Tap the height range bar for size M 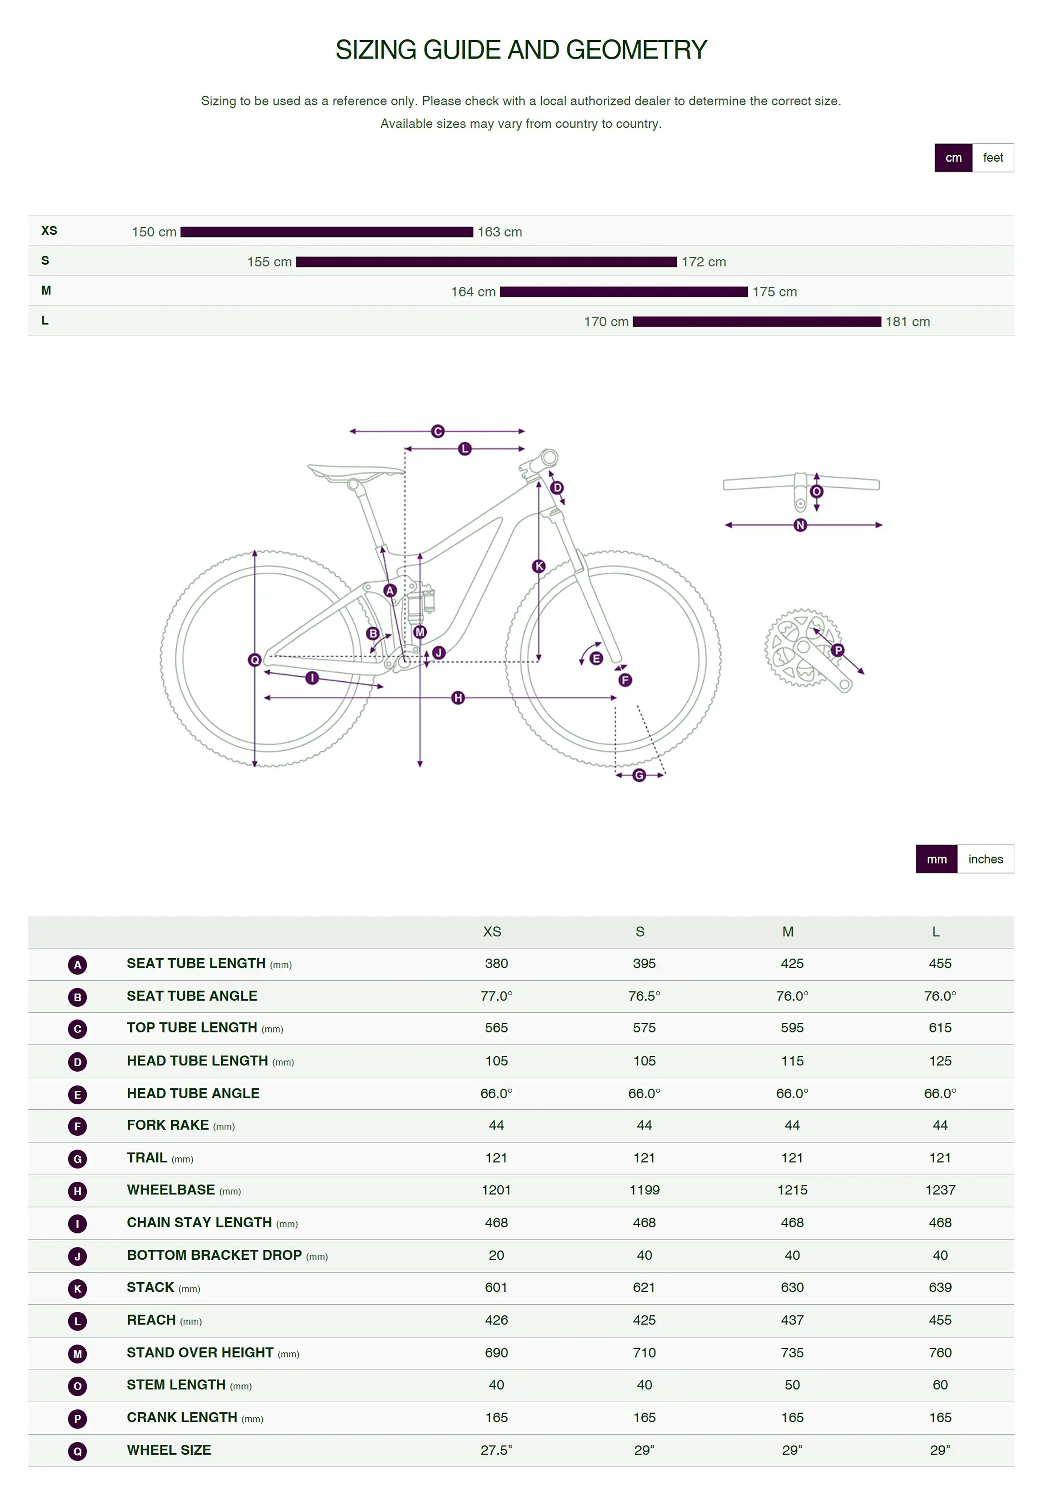[x=624, y=292]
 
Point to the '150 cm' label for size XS [x=154, y=232]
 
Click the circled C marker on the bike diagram [x=438, y=432]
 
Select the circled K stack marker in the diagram [x=539, y=566]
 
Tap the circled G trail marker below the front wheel [x=639, y=775]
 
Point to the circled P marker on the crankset [x=838, y=650]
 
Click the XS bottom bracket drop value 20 [x=496, y=1255]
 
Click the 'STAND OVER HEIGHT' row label [x=200, y=1353]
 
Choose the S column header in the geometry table [x=640, y=932]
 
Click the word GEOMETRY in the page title [x=637, y=50]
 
